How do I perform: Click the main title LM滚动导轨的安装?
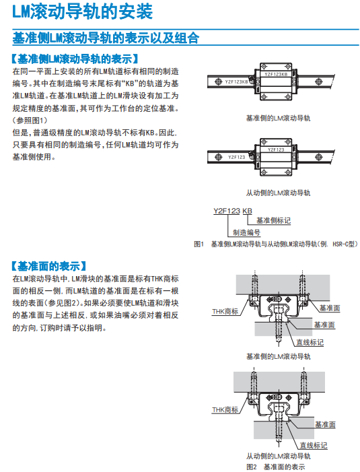(82, 11)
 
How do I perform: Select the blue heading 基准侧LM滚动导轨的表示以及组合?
(106, 38)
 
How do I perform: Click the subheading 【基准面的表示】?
(49, 266)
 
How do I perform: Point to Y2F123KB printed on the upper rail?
(236, 81)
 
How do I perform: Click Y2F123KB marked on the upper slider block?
(276, 74)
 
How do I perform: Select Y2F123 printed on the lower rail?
(237, 157)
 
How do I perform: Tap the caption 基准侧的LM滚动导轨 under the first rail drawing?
(278, 119)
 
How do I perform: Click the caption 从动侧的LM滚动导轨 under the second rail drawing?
(278, 193)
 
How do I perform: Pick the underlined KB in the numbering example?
(247, 211)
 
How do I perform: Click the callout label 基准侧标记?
(273, 221)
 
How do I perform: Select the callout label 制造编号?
(246, 232)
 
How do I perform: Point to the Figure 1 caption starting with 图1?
(276, 244)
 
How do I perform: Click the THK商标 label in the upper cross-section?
(225, 311)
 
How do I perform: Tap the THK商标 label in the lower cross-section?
(225, 409)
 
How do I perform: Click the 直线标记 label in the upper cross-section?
(310, 342)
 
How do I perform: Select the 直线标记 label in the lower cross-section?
(314, 445)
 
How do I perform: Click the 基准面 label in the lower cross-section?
(325, 424)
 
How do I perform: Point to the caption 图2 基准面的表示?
(275, 467)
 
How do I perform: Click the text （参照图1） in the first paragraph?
(30, 121)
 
